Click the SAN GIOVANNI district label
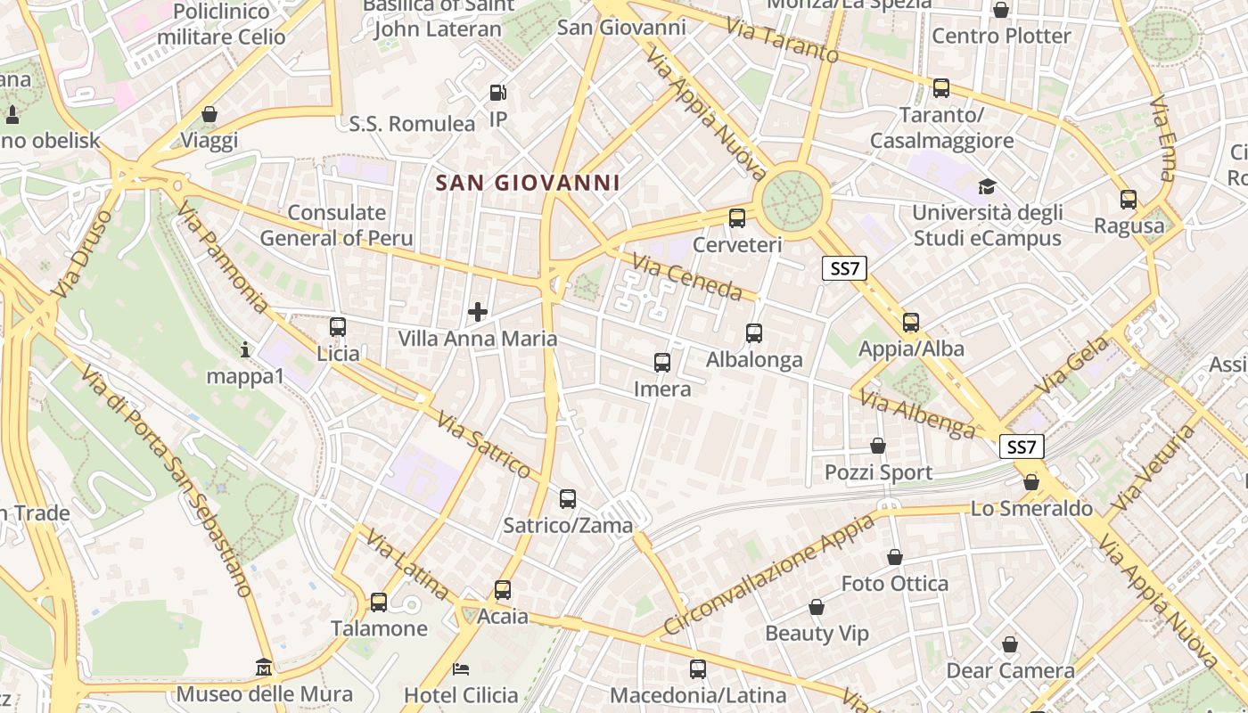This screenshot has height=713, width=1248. tap(527, 184)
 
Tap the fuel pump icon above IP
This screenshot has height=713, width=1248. tap(497, 93)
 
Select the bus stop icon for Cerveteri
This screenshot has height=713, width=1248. tap(737, 217)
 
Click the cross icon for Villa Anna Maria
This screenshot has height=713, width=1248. tap(478, 312)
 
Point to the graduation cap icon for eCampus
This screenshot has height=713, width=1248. tap(987, 187)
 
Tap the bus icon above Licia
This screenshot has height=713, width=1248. tap(338, 327)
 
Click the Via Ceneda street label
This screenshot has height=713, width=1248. tap(687, 276)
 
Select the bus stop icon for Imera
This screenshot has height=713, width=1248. tap(662, 363)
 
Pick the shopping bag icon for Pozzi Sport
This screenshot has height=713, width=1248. tap(878, 446)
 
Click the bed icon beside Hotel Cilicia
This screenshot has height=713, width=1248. tap(461, 669)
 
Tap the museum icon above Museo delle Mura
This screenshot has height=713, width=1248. tap(264, 667)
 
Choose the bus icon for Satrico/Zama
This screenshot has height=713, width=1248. tap(568, 499)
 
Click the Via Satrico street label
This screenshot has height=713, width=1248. tap(484, 444)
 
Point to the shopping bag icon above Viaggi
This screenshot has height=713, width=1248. tap(209, 114)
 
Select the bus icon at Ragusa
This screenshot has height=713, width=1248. tap(1129, 200)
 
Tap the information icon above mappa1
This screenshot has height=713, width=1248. tap(245, 350)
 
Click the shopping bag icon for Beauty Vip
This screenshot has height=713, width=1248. tap(817, 608)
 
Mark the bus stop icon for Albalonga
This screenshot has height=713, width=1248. tap(754, 333)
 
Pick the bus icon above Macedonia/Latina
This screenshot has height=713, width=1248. tap(698, 668)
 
